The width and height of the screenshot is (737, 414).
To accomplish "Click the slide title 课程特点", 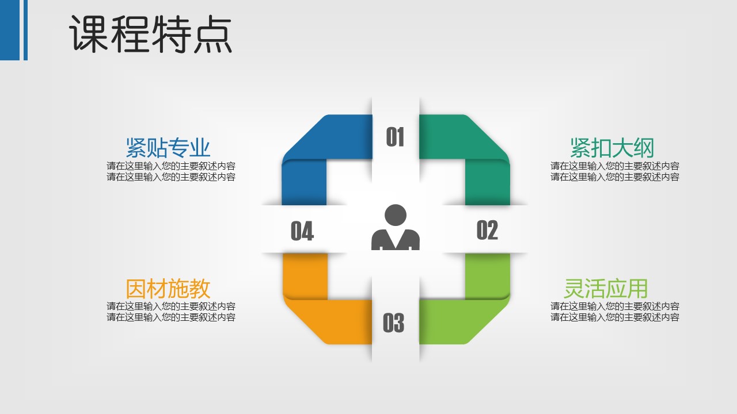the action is click(x=151, y=34).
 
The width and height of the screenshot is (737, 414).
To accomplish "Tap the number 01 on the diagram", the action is click(x=395, y=137).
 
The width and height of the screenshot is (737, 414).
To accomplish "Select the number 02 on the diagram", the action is click(x=487, y=230).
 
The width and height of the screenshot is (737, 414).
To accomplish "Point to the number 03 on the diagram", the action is click(x=393, y=323).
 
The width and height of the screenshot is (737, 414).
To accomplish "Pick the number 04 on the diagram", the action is click(x=302, y=231).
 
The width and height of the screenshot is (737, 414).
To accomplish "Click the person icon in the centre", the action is click(x=395, y=227).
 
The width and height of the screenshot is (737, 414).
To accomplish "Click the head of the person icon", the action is click(x=396, y=215).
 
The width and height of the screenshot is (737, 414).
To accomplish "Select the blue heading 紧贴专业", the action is click(x=168, y=148).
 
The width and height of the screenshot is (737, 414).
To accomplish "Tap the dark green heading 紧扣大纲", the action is click(x=612, y=148).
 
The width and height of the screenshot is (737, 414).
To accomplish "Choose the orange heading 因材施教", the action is click(x=168, y=289).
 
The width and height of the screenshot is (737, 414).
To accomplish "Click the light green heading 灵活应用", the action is click(x=606, y=289).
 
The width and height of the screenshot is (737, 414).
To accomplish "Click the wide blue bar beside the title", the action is click(x=10, y=30).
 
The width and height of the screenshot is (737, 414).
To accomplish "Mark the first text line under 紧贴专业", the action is click(x=171, y=166).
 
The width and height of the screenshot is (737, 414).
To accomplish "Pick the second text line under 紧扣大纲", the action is click(x=615, y=177).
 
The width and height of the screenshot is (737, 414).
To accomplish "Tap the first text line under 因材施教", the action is click(x=171, y=306).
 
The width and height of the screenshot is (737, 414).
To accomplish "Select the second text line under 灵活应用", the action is click(x=615, y=317).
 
